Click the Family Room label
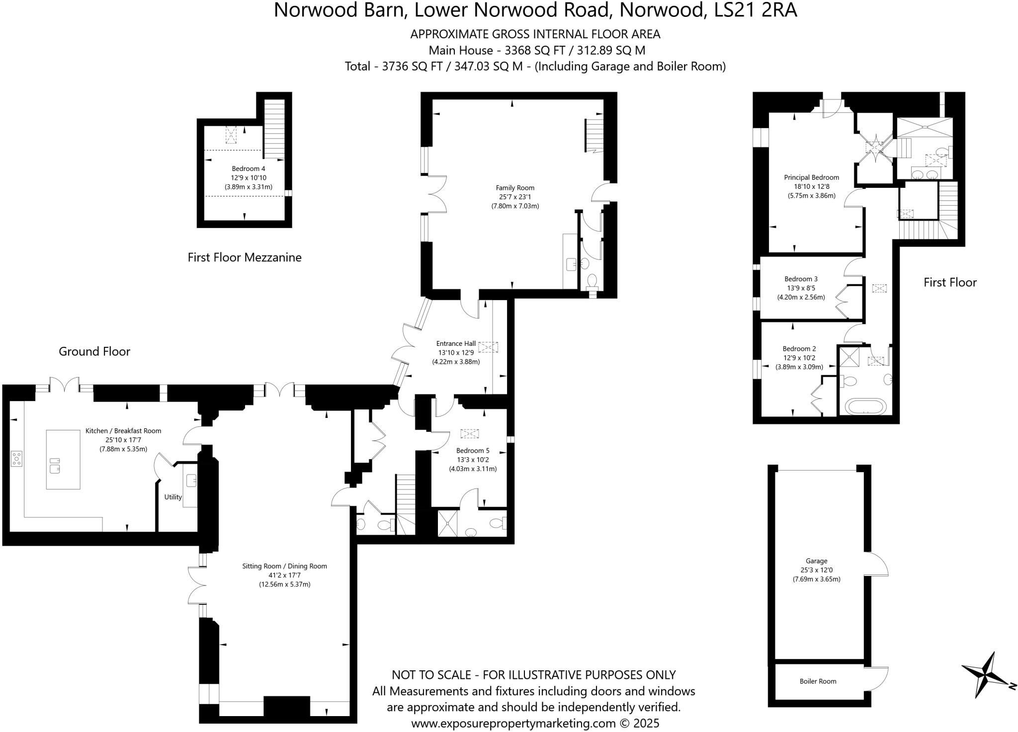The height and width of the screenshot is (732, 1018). pos(515,188)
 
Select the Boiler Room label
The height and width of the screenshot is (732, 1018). pos(818,681)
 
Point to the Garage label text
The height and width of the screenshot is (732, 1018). pos(816,561)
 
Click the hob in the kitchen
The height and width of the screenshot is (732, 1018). pos(16,458)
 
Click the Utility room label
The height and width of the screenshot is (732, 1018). pos(173,497)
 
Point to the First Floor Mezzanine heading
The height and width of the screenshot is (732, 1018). pos(245,257)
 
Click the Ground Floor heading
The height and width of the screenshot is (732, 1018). pos(94,352)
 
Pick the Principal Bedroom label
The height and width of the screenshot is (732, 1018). pos(811,177)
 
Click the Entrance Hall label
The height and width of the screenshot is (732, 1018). pos(456,343)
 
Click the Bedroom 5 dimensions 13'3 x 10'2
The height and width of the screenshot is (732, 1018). pos(473,460)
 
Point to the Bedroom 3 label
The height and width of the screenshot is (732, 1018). pos(801,279)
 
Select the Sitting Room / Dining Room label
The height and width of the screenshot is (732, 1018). pos(284,566)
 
